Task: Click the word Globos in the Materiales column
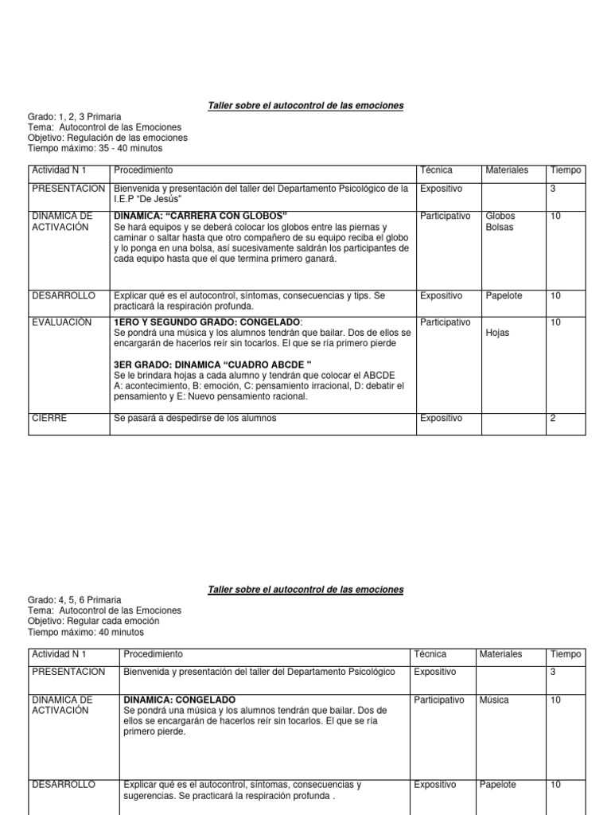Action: (500, 216)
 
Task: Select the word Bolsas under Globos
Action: (500, 227)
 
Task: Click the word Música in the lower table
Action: (495, 700)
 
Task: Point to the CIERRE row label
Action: (49, 418)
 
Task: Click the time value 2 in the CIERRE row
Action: (553, 418)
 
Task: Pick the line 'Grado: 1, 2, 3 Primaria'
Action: (75, 117)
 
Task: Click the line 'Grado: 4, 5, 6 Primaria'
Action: (75, 600)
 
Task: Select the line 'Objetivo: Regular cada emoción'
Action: (93, 621)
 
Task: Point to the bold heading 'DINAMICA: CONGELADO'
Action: (179, 700)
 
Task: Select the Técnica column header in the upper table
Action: (436, 170)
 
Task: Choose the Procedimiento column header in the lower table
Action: (153, 653)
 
